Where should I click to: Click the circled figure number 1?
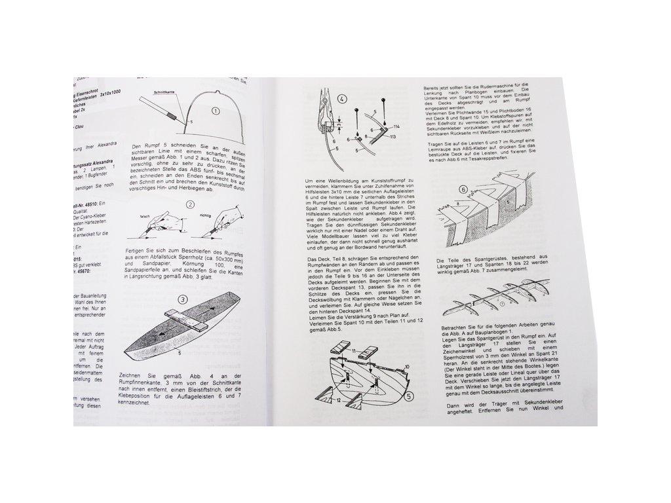click(215, 111)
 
